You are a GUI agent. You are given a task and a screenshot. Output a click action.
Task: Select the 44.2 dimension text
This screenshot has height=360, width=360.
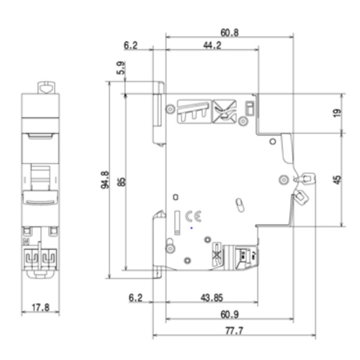click(x=211, y=45)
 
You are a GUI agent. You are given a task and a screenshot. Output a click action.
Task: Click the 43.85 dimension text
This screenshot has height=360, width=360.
click(x=210, y=297)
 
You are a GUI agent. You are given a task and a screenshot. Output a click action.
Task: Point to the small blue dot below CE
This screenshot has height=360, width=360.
click(x=191, y=228)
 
